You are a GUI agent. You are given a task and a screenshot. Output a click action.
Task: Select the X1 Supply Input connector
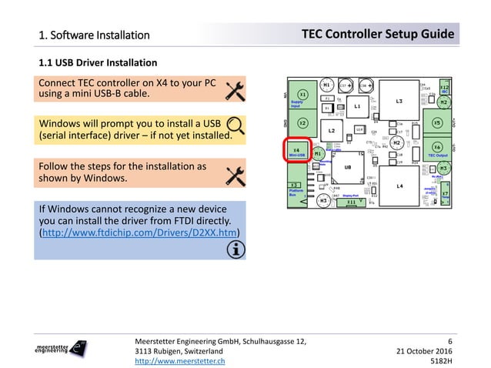[302, 95]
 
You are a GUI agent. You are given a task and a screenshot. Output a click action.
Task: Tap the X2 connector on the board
[302, 123]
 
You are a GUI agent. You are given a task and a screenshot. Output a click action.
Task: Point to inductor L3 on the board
[400, 101]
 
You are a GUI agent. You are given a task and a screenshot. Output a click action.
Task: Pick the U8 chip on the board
[348, 166]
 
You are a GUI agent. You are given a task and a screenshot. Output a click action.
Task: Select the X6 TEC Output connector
[438, 148]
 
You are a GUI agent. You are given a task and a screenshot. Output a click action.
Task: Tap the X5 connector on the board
[437, 122]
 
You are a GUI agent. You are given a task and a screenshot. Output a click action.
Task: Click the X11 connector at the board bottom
[351, 202]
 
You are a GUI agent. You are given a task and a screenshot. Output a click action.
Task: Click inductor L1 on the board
[358, 107]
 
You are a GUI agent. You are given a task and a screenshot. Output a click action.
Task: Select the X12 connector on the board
[444, 89]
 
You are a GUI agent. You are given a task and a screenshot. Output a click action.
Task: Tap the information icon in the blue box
[233, 249]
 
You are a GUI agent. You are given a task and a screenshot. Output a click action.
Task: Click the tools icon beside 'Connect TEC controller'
[234, 90]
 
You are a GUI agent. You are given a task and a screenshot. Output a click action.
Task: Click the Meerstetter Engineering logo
[62, 349]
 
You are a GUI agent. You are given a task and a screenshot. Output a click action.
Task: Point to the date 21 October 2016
[423, 350]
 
